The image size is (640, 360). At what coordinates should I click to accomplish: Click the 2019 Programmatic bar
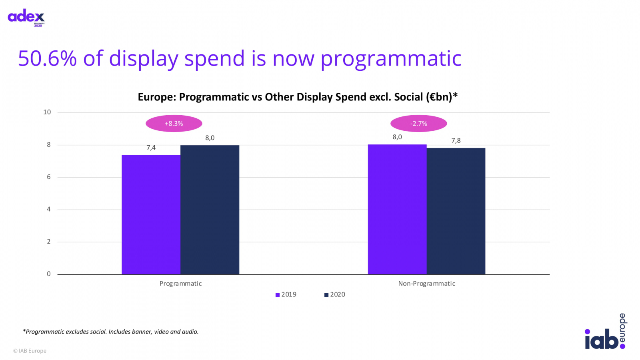(151, 214)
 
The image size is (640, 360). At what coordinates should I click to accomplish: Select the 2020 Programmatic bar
(210, 210)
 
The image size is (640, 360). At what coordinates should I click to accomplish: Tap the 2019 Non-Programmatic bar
(397, 209)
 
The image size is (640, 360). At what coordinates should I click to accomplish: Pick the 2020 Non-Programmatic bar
(456, 211)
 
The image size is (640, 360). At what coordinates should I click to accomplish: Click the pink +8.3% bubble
(174, 124)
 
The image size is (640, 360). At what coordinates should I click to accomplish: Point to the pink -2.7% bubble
(419, 124)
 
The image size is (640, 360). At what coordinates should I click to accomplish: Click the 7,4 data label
(151, 148)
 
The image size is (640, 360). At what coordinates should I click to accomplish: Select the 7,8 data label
(456, 140)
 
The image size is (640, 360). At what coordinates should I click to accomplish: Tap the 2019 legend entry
(286, 295)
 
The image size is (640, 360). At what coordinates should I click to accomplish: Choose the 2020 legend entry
(335, 295)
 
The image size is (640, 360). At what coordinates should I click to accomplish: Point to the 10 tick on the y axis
(47, 112)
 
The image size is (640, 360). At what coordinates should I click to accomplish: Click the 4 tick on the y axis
(49, 209)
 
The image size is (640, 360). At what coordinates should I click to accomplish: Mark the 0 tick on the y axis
(49, 274)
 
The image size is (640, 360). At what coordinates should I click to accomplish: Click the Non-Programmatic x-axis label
(426, 284)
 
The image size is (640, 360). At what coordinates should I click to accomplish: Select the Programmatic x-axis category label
(180, 284)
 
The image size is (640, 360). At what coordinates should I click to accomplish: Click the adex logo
(26, 17)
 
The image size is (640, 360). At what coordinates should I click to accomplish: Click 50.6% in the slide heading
(47, 58)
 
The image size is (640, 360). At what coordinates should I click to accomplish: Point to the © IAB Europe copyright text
(30, 351)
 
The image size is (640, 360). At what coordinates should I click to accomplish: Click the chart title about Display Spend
(298, 97)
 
